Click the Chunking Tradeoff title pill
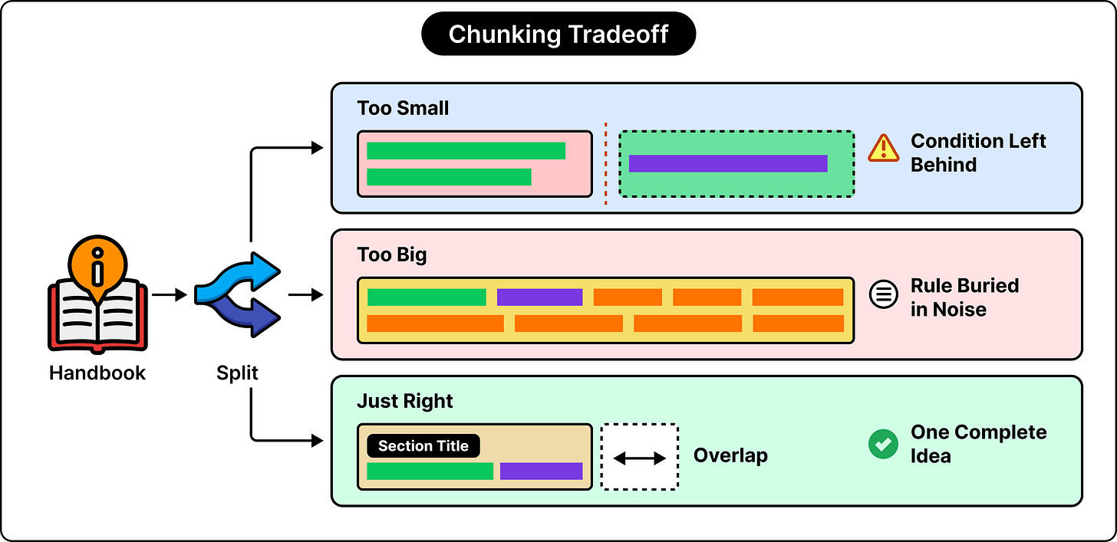[558, 34]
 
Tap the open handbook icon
[97, 294]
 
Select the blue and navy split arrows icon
[237, 294]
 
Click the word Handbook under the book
[97, 373]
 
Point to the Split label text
[237, 373]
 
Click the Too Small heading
[403, 108]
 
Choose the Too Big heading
[392, 255]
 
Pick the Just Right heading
[405, 401]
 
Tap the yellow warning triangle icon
[884, 148]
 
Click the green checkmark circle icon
[883, 444]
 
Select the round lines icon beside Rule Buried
[884, 294]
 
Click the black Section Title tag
[423, 446]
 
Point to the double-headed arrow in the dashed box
[639, 458]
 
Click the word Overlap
[730, 456]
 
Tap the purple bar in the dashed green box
[728, 163]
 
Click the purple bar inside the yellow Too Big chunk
[539, 297]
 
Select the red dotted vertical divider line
[606, 164]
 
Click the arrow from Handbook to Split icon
[170, 295]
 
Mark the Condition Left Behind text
[978, 153]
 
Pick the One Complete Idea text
[978, 444]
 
